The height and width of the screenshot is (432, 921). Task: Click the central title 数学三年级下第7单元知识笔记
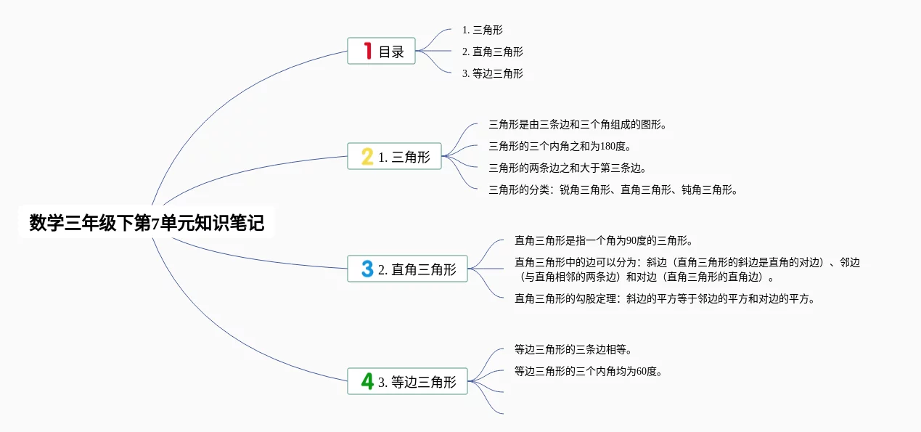(147, 223)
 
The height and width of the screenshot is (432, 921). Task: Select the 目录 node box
(381, 51)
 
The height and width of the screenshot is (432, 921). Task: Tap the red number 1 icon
(367, 51)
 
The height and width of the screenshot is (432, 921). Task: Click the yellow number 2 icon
(367, 156)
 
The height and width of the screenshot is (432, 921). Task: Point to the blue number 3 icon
(367, 269)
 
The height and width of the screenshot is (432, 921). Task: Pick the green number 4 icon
(367, 381)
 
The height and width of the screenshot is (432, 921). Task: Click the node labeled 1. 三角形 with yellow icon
(394, 156)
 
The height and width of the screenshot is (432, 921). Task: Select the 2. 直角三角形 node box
(407, 269)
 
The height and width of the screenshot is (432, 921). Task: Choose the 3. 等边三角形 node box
(407, 381)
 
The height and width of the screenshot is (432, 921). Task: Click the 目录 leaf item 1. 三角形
(482, 30)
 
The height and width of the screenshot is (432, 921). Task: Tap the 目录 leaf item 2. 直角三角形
(492, 52)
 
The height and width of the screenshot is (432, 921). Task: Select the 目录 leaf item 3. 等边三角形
(492, 73)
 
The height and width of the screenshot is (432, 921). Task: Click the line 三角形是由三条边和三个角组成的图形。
(578, 124)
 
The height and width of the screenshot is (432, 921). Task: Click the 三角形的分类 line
(613, 190)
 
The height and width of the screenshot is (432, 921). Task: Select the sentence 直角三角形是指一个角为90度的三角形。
(603, 240)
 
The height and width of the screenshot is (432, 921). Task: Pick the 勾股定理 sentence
(665, 298)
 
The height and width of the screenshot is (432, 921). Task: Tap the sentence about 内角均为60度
(588, 371)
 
